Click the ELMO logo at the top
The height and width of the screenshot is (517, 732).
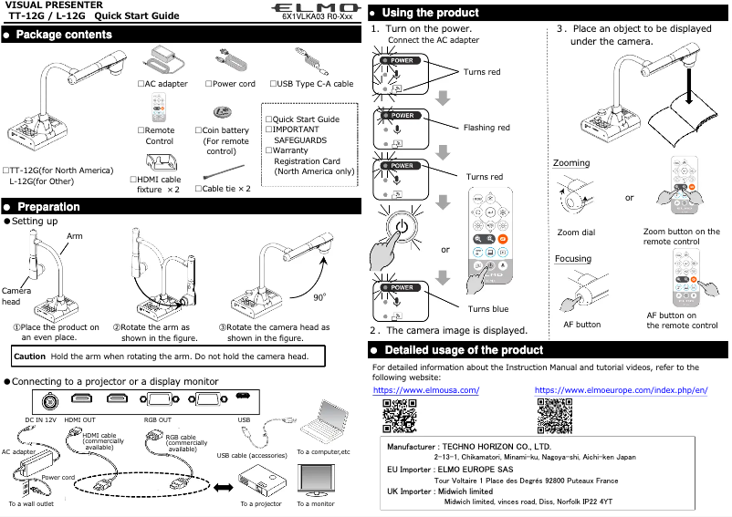313,7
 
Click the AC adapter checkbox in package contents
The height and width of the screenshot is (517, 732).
141,84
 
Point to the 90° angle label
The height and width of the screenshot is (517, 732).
320,297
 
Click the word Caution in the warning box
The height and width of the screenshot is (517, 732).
30,356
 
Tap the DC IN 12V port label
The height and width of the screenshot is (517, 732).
40,419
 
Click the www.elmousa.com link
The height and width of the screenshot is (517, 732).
426,390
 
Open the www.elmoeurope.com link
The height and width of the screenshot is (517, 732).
621,390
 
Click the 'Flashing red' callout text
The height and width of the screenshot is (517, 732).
486,129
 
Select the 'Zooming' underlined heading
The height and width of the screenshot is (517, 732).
571,163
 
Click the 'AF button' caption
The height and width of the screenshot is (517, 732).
581,325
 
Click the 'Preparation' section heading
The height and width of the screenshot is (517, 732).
48,207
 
